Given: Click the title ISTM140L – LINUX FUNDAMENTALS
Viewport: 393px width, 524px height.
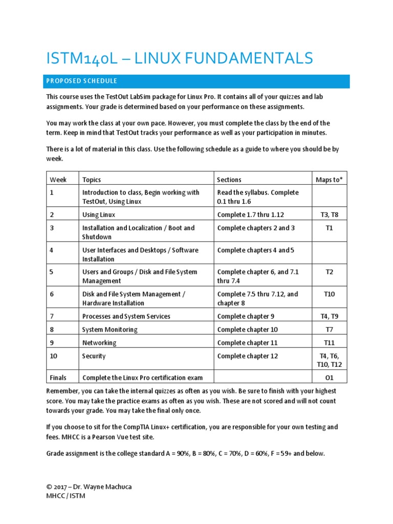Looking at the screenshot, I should click(x=179, y=59).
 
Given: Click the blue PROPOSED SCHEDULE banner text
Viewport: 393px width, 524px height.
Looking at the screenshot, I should click(x=82, y=81).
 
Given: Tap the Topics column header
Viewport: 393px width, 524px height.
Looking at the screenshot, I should click(x=92, y=180).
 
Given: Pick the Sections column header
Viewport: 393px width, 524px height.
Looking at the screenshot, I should click(x=229, y=180).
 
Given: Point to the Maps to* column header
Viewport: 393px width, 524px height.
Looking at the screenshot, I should click(x=329, y=180).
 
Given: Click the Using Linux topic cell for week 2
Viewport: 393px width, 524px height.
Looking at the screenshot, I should click(x=99, y=214).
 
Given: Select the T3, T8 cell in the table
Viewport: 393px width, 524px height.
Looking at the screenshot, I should click(x=329, y=214).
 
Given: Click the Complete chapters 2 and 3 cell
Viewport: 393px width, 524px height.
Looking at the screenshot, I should click(x=256, y=228).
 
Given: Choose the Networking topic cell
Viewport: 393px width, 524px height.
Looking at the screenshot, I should click(x=99, y=343).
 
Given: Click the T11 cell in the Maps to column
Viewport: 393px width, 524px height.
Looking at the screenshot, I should click(x=329, y=343).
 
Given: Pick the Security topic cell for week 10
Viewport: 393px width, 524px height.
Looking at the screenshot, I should click(x=94, y=356).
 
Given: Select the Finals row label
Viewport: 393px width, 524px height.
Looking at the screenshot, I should click(x=58, y=378).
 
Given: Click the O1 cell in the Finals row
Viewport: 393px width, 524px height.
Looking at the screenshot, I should click(x=329, y=378).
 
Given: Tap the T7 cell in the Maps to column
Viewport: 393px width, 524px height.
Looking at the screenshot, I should click(x=329, y=330).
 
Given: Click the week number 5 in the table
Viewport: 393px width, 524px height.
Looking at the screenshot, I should click(x=52, y=272).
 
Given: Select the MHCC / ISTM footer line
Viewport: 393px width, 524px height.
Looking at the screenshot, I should click(x=65, y=496).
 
